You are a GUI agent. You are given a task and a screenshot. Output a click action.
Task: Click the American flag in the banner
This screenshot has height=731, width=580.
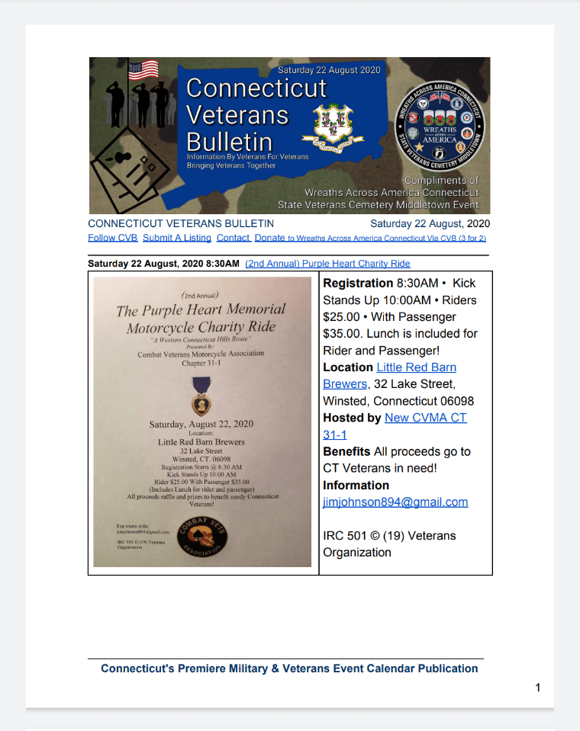point(143,70)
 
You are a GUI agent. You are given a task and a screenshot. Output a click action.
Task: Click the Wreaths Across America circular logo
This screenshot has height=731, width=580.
point(440,124)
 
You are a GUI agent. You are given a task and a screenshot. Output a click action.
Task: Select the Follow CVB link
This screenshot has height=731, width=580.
point(113,238)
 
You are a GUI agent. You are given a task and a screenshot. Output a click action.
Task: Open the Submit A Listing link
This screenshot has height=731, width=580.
point(176,238)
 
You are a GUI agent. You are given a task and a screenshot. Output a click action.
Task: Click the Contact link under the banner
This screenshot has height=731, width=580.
point(233,238)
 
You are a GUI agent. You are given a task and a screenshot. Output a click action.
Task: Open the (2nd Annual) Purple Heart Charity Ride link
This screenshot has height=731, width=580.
point(327,264)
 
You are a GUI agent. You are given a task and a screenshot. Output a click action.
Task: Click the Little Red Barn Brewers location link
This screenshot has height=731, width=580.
point(416,367)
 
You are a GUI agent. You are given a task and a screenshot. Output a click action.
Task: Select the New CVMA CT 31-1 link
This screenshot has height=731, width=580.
point(425,418)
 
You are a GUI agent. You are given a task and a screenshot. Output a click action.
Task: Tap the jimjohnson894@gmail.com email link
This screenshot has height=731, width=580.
point(395,502)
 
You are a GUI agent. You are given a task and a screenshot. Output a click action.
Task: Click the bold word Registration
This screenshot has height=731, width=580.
point(358,284)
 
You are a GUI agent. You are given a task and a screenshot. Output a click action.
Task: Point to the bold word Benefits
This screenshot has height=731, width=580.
point(346,451)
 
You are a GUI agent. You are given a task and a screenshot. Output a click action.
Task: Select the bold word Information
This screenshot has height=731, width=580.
point(356,485)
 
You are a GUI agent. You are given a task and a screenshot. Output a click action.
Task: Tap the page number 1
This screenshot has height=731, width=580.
point(538,688)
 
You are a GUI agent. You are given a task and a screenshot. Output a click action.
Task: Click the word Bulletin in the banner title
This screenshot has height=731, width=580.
point(229,142)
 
